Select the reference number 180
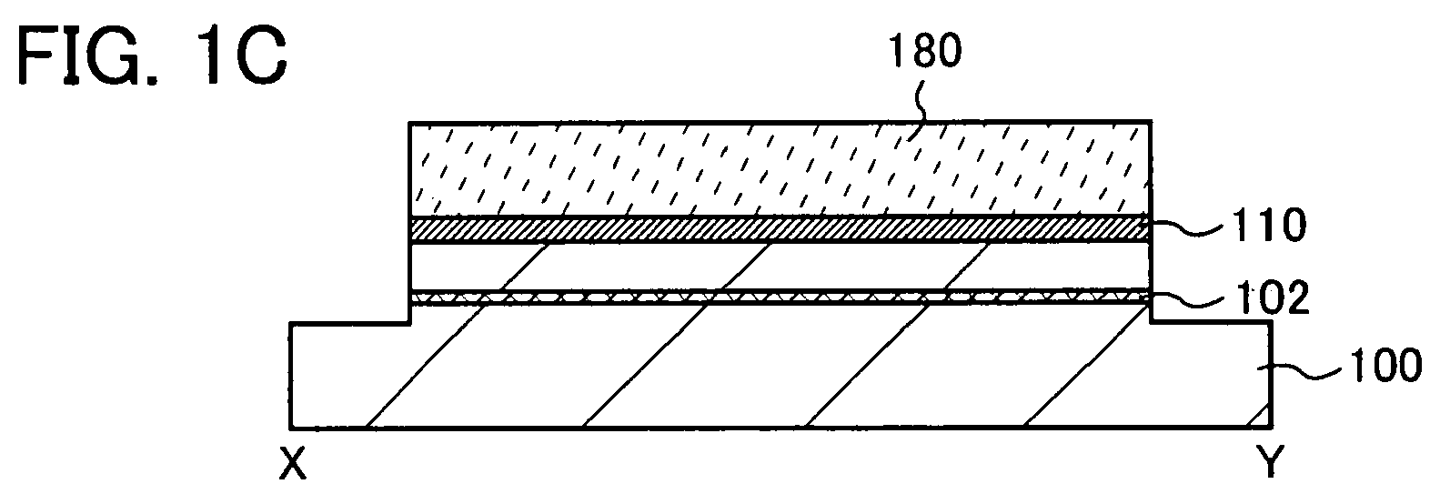926,51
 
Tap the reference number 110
1269,226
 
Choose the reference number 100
1385,365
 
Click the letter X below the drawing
293,465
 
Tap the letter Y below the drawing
1270,464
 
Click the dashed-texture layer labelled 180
780,168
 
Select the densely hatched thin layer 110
780,230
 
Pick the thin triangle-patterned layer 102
780,297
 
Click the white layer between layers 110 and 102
780,267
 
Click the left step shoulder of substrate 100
349,323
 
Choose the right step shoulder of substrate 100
1211,322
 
